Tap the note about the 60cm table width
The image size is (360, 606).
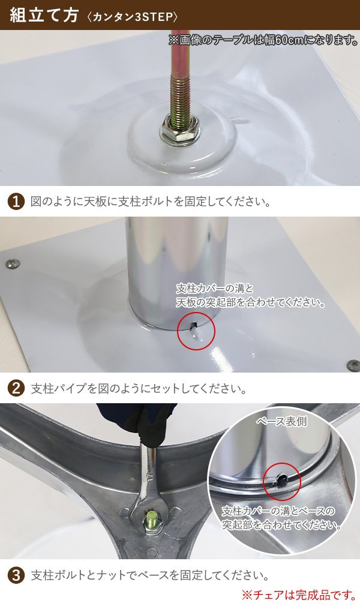263,40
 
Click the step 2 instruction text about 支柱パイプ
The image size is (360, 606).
138,388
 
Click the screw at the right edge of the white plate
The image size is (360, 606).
352,364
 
